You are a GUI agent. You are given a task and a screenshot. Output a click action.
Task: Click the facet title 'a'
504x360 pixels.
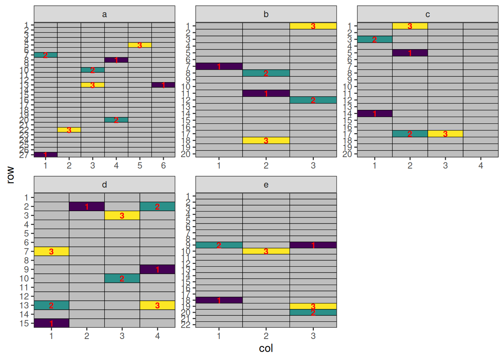104,14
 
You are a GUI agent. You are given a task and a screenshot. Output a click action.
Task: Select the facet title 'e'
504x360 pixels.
266,184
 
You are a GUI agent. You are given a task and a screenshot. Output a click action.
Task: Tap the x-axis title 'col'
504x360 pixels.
266,348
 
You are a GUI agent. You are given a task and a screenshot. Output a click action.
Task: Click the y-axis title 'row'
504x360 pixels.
10,175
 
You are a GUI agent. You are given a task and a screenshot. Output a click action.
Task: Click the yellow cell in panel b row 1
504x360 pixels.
313,26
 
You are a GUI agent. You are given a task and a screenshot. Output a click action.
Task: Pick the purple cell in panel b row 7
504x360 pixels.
219,66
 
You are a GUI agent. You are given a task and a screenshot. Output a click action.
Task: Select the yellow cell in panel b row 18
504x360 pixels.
266,141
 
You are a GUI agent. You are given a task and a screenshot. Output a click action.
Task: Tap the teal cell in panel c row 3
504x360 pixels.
375,39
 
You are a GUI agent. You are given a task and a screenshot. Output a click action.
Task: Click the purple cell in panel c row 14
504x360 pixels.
375,114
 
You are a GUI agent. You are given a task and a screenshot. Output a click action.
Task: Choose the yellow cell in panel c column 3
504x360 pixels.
445,134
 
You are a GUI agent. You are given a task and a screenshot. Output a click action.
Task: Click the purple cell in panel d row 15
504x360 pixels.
51,323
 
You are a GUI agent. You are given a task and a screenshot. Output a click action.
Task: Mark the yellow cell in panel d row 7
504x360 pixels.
51,251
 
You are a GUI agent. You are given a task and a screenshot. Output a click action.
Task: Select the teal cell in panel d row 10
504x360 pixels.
122,278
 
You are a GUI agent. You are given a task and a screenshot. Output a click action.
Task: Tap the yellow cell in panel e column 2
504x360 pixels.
266,251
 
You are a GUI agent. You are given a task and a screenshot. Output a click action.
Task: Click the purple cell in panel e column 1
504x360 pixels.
219,300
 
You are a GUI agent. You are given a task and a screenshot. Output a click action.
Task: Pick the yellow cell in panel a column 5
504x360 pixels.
139,45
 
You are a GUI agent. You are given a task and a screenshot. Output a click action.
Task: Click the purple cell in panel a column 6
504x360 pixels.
163,85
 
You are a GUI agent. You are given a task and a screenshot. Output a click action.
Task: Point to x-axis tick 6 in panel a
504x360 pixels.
163,165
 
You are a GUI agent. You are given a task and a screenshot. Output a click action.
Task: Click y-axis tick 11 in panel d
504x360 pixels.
24,288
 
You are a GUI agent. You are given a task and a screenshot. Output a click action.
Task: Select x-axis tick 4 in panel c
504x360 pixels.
481,165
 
